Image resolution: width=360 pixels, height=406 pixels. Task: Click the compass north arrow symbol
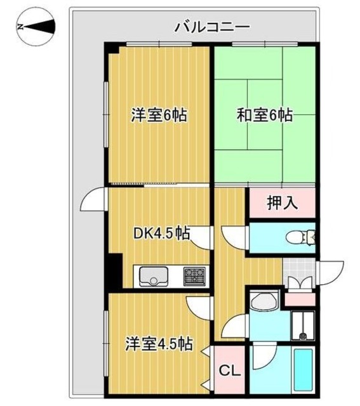[x=35, y=27]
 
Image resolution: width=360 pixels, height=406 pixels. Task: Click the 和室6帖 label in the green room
[x=264, y=116]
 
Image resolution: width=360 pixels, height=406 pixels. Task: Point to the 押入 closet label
[x=281, y=203]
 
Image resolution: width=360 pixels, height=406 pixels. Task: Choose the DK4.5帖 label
[x=161, y=233]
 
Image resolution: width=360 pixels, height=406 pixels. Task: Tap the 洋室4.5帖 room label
[x=158, y=344]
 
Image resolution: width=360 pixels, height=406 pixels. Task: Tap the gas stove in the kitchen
[x=194, y=277]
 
